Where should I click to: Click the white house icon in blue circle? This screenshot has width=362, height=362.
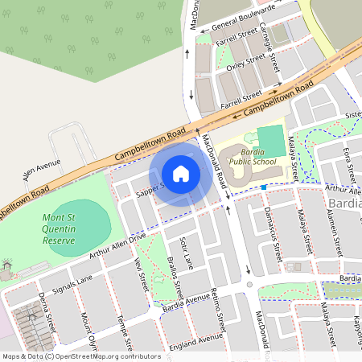[181, 174]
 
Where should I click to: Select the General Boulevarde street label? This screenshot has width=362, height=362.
[239, 14]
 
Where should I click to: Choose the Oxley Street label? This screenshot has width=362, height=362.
[245, 62]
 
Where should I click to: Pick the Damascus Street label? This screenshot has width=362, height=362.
[271, 233]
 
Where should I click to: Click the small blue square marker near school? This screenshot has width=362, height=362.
[263, 187]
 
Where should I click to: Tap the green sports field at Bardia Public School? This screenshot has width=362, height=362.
[271, 136]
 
